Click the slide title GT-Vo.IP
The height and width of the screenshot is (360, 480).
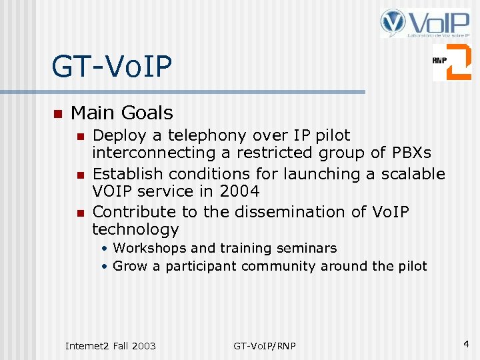coord(112,66)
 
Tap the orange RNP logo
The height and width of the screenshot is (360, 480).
coord(451,62)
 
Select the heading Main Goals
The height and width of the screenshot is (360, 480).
coord(121,113)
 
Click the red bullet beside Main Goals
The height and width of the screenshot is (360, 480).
coord(57,113)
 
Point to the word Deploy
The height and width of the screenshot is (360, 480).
coord(120,136)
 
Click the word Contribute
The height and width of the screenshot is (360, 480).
coord(134,212)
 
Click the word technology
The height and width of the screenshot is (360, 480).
coord(135,230)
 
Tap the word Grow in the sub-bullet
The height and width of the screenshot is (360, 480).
coord(127,266)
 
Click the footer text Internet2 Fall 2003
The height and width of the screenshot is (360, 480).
coord(110,345)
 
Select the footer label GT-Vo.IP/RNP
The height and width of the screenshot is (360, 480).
coord(265,345)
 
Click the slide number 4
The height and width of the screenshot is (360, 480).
coord(466,344)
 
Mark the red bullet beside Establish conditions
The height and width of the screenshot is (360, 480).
coord(79,175)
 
